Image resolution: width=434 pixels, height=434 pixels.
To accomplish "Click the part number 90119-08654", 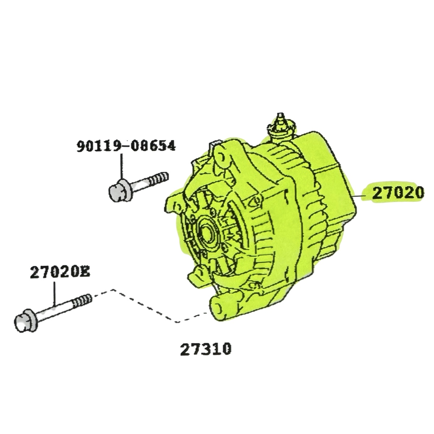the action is coord(126,146).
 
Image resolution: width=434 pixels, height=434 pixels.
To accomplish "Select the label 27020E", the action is coord(60,272).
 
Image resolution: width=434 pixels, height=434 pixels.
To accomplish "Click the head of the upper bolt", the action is coord(116,187).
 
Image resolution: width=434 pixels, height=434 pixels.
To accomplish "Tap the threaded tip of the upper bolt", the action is coord(160,177).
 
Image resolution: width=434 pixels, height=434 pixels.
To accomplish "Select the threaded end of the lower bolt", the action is coord(82,301).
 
